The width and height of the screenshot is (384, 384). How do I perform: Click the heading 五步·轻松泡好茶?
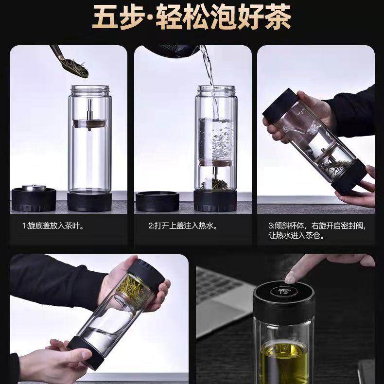click(x=192, y=18)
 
